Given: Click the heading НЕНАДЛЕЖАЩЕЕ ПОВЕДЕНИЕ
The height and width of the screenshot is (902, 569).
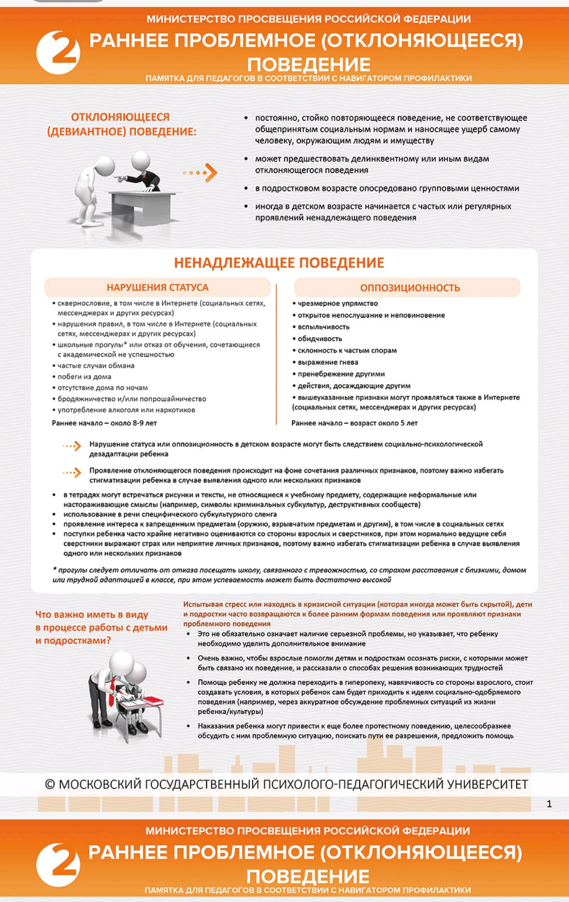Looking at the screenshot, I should tap(279, 263).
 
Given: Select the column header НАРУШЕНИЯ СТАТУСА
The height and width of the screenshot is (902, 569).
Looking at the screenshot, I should tap(157, 287).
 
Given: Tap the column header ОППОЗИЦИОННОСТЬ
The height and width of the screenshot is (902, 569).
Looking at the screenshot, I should tap(409, 288).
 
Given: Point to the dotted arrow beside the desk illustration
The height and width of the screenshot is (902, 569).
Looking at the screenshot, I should tap(200, 173).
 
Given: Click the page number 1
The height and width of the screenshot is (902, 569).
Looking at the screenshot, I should tap(549, 804).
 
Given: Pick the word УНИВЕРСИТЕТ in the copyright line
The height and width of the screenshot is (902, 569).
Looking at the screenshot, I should tap(487, 784).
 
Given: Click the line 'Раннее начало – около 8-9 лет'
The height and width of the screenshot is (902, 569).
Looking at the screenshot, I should tap(104, 423).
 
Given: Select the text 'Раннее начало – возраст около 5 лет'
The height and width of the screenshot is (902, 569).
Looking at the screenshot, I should tap(354, 423).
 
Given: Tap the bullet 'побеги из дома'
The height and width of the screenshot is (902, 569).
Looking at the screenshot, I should tap(84, 377).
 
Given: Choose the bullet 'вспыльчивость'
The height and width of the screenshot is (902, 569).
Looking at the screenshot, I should tap(324, 327).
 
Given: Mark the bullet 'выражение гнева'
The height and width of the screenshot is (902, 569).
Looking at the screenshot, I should tap(328, 362).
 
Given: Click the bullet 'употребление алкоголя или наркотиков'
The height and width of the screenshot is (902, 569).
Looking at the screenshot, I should tap(126, 410).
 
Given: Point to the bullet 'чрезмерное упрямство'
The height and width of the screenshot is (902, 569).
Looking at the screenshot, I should tap(338, 303).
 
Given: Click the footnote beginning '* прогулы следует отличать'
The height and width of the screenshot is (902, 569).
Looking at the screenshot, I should tap(289, 575).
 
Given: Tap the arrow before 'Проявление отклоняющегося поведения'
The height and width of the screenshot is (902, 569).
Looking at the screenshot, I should tap(72, 473).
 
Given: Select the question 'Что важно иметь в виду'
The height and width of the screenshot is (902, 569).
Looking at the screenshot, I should tap(91, 615).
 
